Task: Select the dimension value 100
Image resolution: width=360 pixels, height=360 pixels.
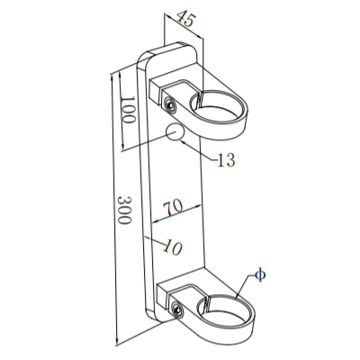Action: click(x=127, y=112)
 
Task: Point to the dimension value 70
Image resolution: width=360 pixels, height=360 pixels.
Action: click(x=174, y=207)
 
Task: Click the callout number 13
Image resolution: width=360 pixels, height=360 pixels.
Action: click(x=227, y=161)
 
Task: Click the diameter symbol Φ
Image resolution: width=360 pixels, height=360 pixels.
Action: click(x=259, y=274)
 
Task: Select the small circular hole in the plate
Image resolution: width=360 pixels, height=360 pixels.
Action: click(x=175, y=134)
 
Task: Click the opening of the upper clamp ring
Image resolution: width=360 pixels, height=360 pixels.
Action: click(x=220, y=104)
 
